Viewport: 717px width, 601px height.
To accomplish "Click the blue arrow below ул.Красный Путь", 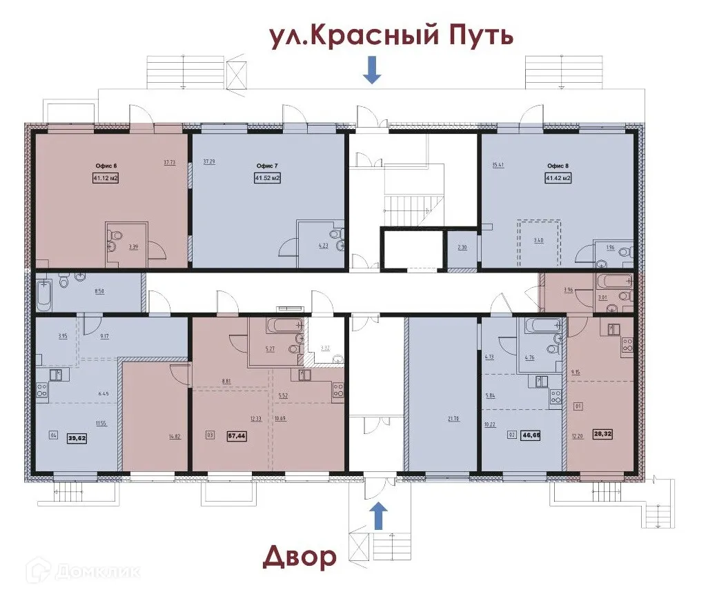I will tap(372, 70).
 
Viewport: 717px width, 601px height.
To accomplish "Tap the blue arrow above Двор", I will tap(378, 515).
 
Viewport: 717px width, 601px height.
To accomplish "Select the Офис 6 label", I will tap(106, 166).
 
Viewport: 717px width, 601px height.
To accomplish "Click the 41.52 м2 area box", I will tap(267, 178).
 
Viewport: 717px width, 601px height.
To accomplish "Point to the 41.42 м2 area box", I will tap(558, 178).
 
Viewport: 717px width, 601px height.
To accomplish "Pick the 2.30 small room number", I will tap(462, 248).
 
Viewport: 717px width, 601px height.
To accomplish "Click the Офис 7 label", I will tap(267, 166).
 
